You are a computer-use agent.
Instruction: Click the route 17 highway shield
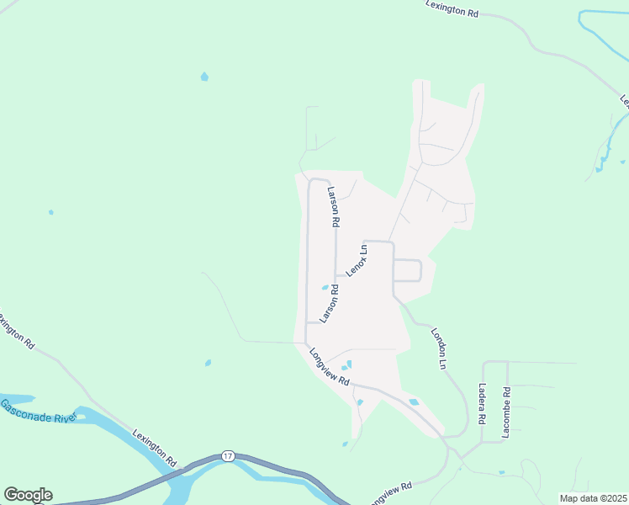tap(228, 455)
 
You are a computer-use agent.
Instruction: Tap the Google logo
tap(28, 495)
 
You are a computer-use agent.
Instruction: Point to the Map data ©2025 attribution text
tap(593, 497)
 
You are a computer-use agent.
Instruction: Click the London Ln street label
tap(438, 348)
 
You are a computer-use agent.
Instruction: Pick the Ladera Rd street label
tap(482, 405)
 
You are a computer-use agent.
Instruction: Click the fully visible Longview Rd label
tap(329, 367)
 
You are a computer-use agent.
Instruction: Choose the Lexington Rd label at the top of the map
tap(452, 9)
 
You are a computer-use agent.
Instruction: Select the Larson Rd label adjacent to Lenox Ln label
tap(329, 304)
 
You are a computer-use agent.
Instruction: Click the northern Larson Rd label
tap(334, 207)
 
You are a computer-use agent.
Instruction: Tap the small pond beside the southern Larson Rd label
tap(325, 288)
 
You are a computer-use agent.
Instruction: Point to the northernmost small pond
tap(204, 77)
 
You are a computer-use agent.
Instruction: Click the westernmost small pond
tap(50, 212)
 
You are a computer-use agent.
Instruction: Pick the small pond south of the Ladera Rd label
tap(501, 472)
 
